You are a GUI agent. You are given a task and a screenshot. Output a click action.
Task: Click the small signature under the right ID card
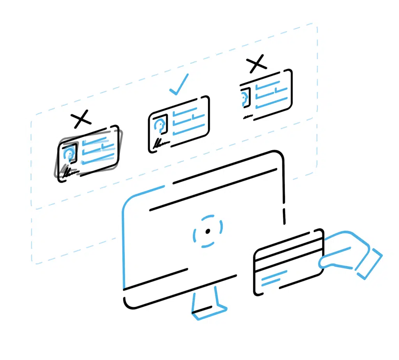[247, 117]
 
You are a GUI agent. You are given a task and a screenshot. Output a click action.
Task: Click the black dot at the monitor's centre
[208, 232]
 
